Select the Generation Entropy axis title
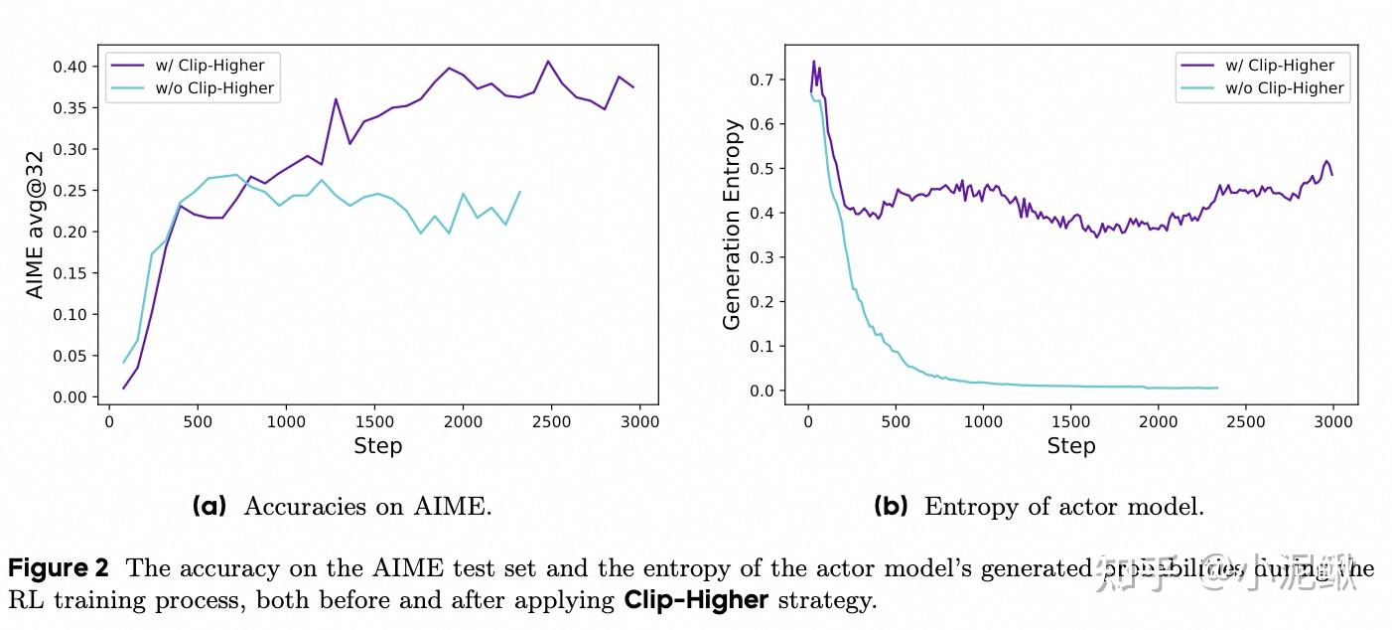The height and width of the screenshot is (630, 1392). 732,225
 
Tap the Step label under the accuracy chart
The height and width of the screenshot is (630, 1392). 377,446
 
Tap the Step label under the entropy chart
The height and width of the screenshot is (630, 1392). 1071,446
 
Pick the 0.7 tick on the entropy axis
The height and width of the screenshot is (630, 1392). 762,79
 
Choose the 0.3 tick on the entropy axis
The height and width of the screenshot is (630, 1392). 762,257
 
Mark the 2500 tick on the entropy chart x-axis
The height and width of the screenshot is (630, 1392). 1246,421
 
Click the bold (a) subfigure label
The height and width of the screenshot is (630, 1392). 209,507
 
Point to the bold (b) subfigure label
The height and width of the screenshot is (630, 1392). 891,507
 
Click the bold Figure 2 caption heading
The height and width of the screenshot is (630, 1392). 59,569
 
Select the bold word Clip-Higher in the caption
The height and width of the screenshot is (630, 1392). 696,601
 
